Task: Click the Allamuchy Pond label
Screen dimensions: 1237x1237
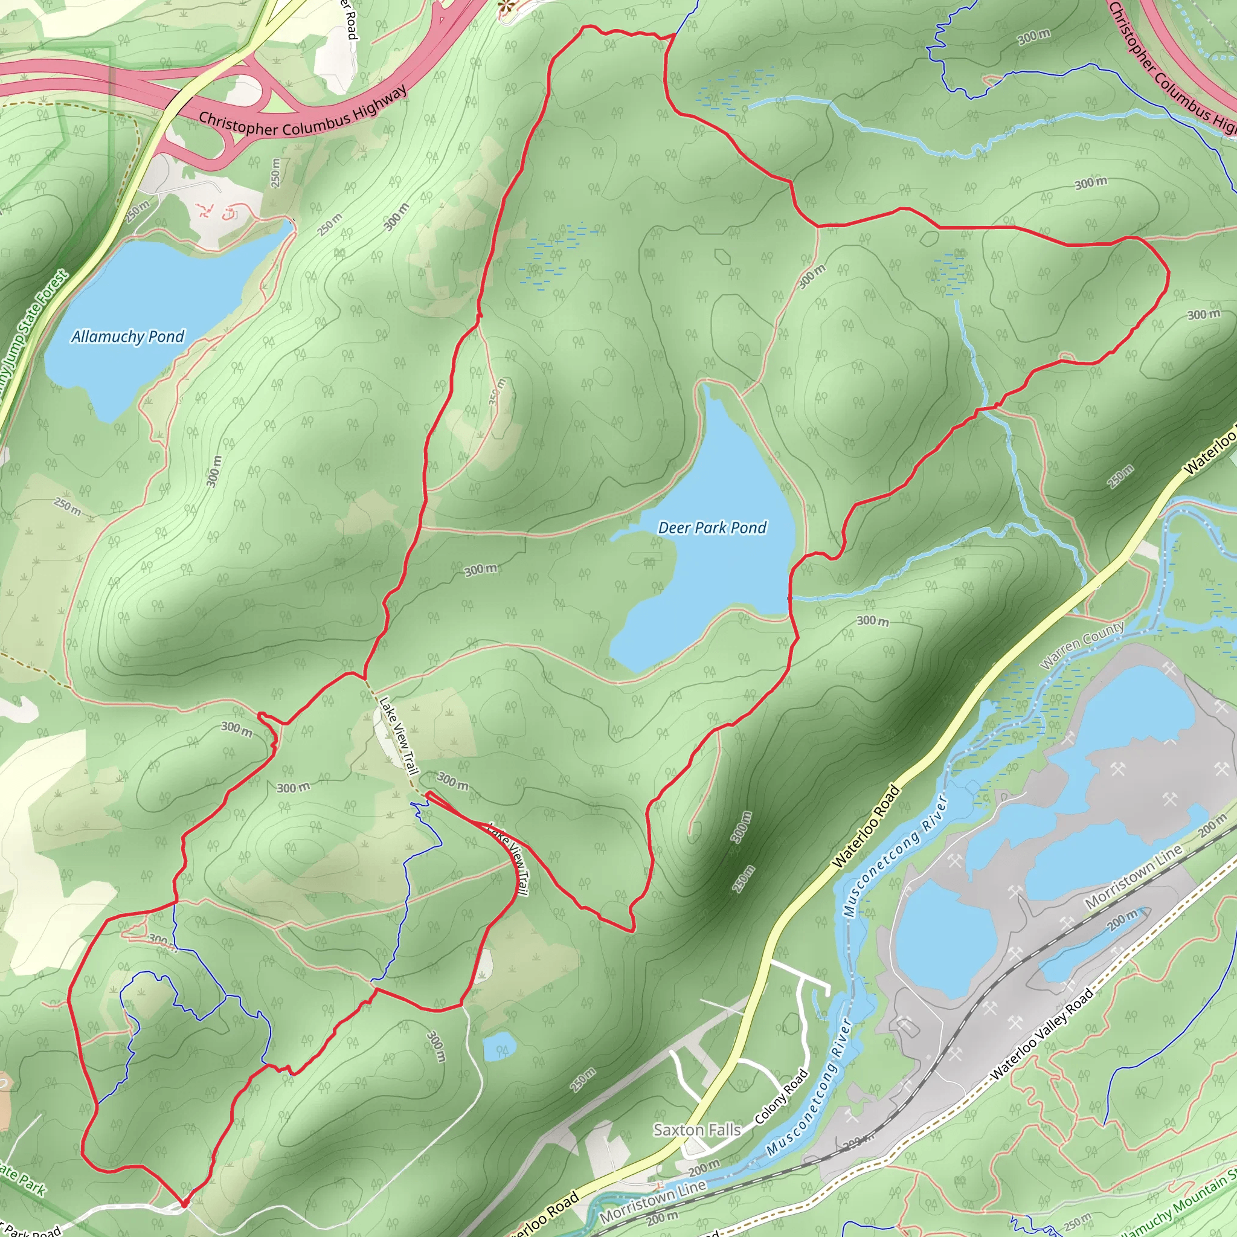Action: pos(127,337)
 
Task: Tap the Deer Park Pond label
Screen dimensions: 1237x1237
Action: pos(712,527)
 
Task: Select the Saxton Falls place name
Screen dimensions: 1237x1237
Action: pos(696,1130)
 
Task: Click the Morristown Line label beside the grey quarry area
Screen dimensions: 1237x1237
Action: pos(1133,877)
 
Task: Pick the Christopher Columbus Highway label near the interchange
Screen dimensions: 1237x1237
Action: pos(302,115)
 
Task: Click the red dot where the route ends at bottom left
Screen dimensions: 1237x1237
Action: pos(184,1204)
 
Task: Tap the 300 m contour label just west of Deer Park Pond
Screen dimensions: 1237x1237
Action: pos(480,570)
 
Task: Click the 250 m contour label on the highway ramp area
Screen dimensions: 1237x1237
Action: pos(275,173)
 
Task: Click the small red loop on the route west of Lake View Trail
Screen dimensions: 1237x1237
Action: pos(269,718)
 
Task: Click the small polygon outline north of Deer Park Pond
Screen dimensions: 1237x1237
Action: pos(723,256)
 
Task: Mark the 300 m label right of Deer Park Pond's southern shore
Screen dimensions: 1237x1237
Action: pos(873,620)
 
